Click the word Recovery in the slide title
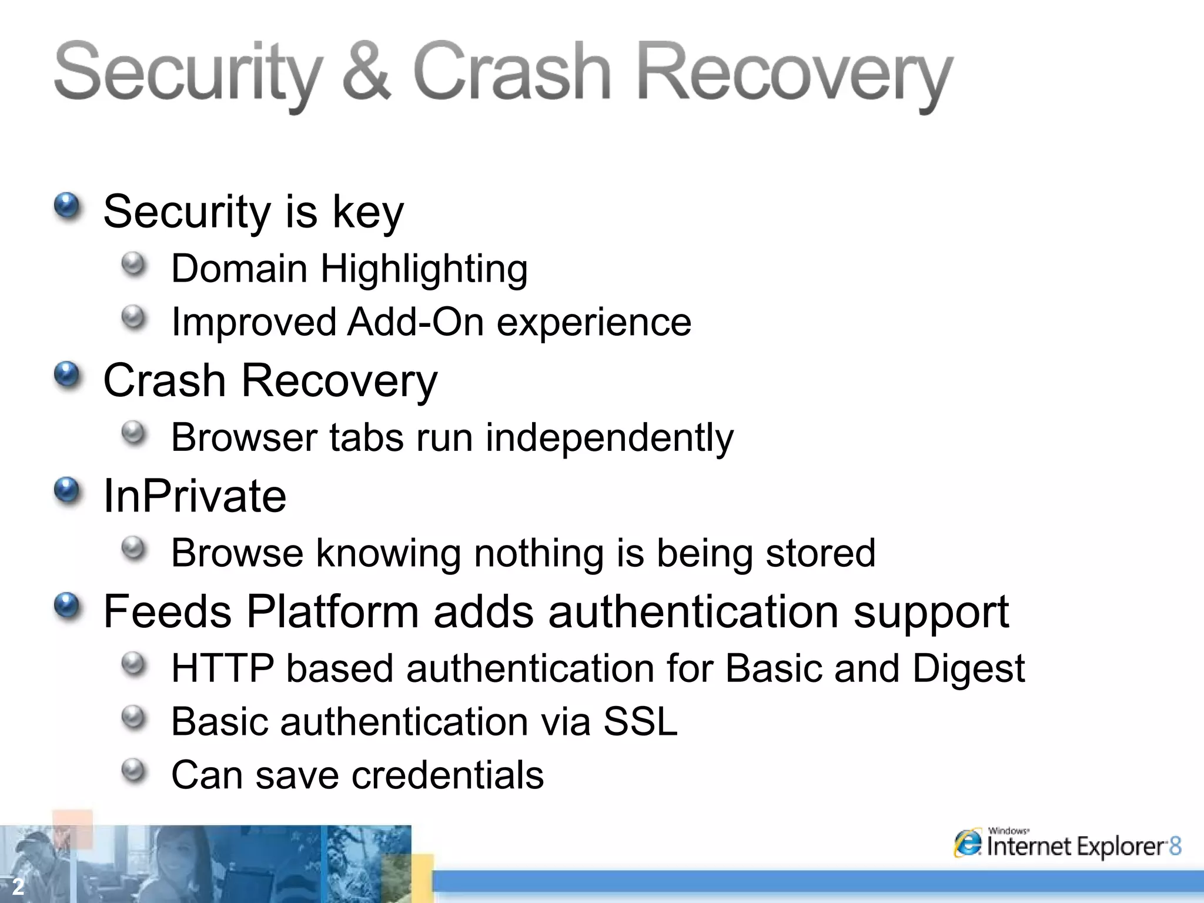coord(794,73)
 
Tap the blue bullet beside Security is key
coord(67,206)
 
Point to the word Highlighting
coord(424,270)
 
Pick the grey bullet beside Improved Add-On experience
coord(134,317)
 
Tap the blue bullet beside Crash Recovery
coord(67,375)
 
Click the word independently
coord(609,439)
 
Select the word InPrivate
coord(195,496)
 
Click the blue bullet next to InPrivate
coord(67,490)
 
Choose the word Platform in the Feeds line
coord(333,612)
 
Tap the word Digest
coord(968,670)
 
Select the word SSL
coord(640,722)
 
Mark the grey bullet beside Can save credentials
coord(134,770)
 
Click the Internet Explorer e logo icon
coord(968,844)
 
